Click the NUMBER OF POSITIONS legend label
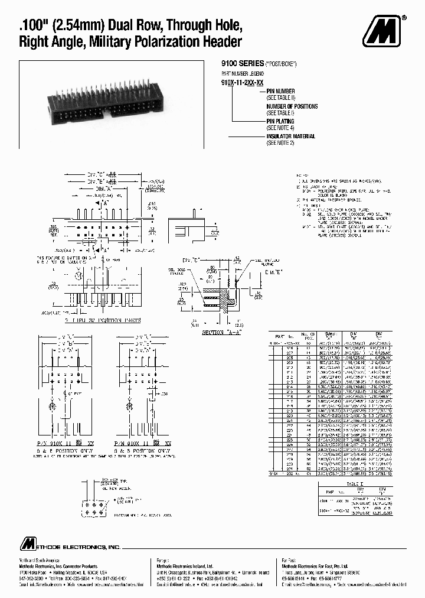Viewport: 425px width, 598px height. click(292, 106)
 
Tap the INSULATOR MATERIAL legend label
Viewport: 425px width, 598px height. click(290, 136)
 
